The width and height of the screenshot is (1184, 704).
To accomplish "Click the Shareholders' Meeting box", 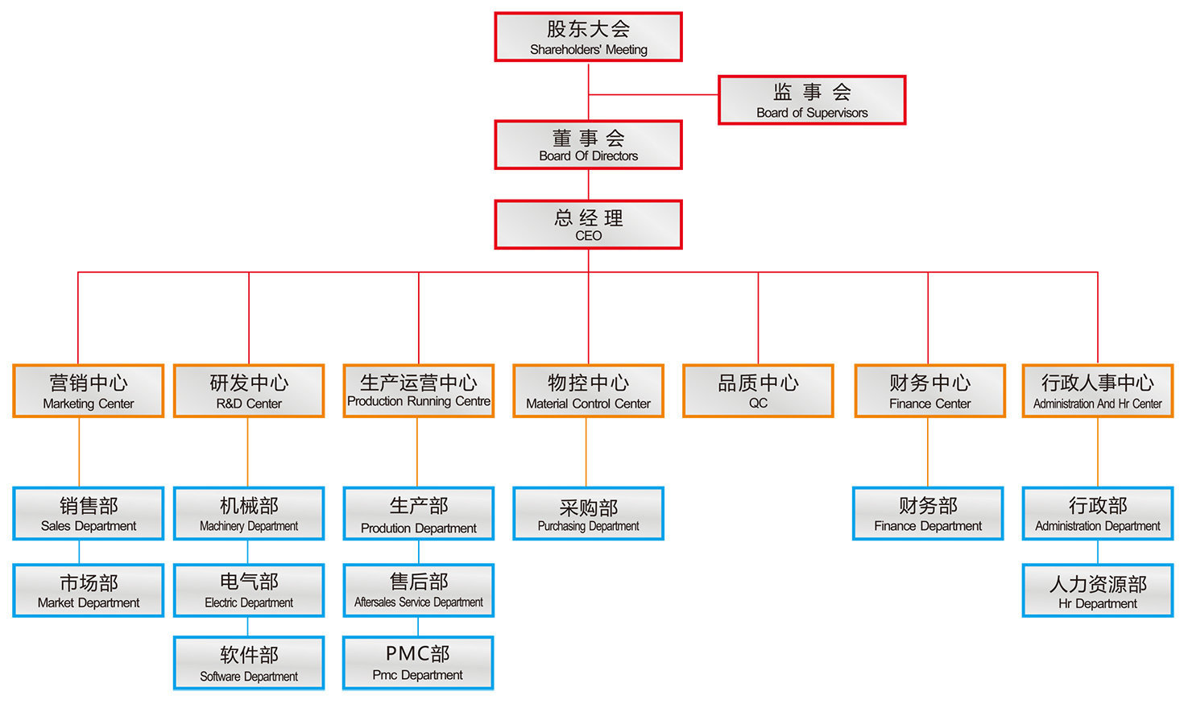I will tap(588, 37).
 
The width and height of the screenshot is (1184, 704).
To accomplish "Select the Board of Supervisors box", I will tap(812, 100).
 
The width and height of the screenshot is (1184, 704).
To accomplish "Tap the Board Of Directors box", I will tap(588, 145).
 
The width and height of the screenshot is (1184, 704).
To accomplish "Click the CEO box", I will tap(588, 225).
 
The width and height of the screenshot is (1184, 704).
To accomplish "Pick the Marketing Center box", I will tap(89, 391).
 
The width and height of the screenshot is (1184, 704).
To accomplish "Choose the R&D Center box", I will tap(249, 391).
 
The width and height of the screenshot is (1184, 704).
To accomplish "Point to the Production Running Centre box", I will tap(419, 391).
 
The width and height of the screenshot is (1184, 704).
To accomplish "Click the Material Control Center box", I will tap(588, 391).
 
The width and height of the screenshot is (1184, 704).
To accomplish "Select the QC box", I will tap(758, 391).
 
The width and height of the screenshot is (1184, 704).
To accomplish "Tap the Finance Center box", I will tap(929, 391).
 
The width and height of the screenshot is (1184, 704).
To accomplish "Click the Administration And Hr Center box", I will tap(1097, 391).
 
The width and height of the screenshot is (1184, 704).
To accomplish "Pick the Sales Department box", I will tap(89, 514).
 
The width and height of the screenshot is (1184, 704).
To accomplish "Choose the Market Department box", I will tap(89, 590).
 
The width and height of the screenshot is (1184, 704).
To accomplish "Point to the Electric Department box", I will tap(249, 590).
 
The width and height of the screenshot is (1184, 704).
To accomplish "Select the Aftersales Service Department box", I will tap(419, 590).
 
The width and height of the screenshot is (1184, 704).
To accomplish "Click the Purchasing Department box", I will tap(588, 514).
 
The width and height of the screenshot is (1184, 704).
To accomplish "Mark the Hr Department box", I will tap(1097, 590).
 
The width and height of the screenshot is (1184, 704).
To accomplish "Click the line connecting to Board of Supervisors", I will tap(652, 95).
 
